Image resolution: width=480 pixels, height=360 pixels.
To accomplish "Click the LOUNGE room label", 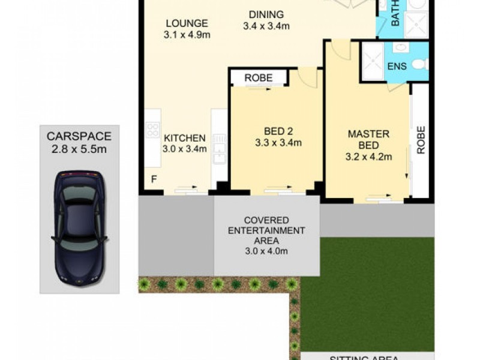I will tap(187, 23).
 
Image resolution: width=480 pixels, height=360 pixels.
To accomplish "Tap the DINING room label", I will tap(266, 14).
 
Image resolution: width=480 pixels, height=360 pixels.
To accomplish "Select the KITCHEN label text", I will tap(185, 137).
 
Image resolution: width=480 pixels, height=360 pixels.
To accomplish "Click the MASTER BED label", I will tap(368, 139).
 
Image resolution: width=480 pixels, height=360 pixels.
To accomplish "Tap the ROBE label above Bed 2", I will tap(259, 78).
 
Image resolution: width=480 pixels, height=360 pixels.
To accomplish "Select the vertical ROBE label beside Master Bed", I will tap(421, 140).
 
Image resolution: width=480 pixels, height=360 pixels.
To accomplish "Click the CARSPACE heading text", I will tap(79, 136).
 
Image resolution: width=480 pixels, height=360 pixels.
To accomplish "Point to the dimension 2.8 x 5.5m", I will tap(79, 149).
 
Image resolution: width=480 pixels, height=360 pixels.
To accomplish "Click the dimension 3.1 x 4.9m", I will tap(187, 35).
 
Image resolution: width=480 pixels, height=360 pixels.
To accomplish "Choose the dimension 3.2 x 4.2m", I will tap(368, 157).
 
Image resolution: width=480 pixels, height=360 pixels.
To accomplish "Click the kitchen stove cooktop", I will tap(152, 130).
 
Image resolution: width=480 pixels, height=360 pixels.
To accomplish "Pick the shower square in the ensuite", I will tap(373, 64).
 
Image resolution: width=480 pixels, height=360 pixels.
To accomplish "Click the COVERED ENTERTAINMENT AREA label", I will tap(266, 230).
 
